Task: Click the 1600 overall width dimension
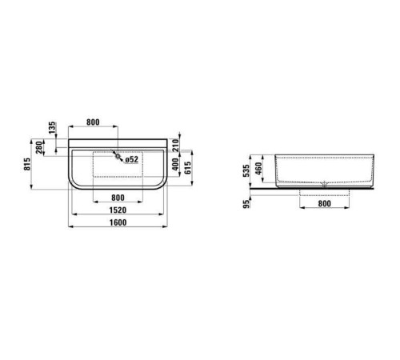pyautogui.click(x=118, y=223)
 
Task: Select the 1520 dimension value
pyautogui.click(x=118, y=210)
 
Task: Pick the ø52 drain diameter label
pyautogui.click(x=132, y=159)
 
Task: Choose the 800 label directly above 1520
pyautogui.click(x=118, y=197)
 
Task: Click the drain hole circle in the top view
pyautogui.click(x=118, y=158)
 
